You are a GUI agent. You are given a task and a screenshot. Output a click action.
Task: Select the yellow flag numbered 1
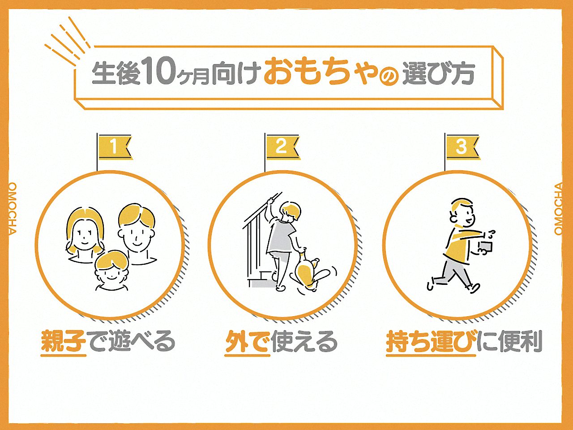(x=115, y=147)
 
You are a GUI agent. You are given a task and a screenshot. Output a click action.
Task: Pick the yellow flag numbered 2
(x=282, y=146)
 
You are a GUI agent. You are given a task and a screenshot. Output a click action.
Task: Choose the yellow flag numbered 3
(x=462, y=147)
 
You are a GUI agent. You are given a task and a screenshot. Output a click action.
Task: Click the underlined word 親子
(x=63, y=342)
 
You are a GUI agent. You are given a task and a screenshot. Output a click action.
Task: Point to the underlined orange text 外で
(x=248, y=342)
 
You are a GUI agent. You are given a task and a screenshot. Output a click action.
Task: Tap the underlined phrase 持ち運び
(x=431, y=342)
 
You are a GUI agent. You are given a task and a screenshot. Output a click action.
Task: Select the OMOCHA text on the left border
(x=12, y=208)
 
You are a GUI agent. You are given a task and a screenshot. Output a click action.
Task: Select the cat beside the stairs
(x=309, y=271)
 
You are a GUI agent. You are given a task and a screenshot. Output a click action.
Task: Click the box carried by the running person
(x=484, y=248)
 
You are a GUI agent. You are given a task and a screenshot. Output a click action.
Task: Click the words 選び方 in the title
(x=438, y=74)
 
